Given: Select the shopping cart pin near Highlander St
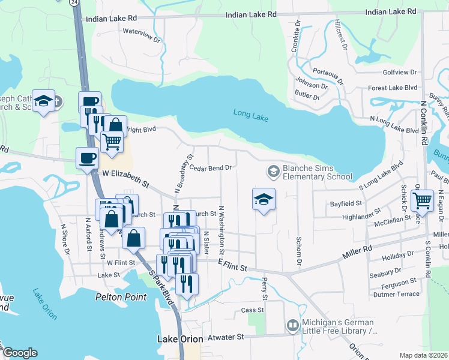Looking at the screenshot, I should (x=423, y=200).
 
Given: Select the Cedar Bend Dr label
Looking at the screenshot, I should (x=211, y=168).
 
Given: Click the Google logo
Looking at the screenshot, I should (x=20, y=353).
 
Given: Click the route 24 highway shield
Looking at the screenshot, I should (x=74, y=2).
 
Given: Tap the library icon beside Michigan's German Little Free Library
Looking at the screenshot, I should (x=292, y=325).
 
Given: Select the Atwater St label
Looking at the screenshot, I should (x=224, y=337).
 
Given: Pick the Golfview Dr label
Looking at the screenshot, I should (x=399, y=72).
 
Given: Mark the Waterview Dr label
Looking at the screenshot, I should (x=142, y=35).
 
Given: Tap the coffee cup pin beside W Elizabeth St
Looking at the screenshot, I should (x=88, y=158).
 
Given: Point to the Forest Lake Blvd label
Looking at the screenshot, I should (x=393, y=88).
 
